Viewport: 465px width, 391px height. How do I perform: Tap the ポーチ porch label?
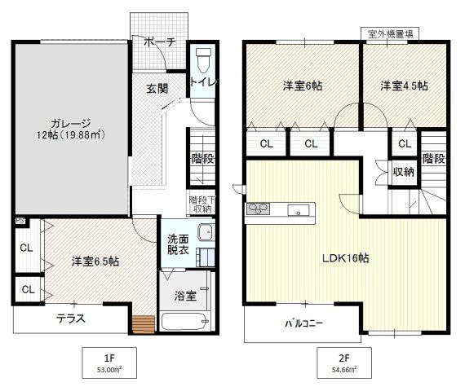158,43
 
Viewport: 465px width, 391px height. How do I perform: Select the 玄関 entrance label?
157,89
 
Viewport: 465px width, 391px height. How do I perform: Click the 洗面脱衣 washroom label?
179,245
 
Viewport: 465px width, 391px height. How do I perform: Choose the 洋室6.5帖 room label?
95,261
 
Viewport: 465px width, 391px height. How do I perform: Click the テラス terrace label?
72,319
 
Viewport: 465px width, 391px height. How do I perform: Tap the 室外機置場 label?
389,33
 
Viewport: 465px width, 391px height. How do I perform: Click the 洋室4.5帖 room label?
403,86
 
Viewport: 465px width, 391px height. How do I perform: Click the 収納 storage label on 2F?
403,172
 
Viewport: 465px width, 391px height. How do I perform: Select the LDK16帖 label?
345,258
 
